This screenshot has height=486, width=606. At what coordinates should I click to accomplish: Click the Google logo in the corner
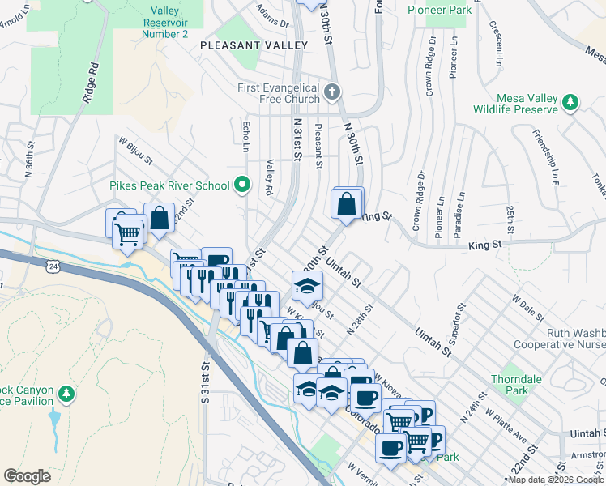point(27,475)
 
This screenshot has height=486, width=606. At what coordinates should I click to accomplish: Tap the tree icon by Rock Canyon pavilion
point(66,394)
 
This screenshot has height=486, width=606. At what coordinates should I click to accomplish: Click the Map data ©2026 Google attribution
point(556,480)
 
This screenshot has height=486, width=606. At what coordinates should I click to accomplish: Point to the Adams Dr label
point(272,13)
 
